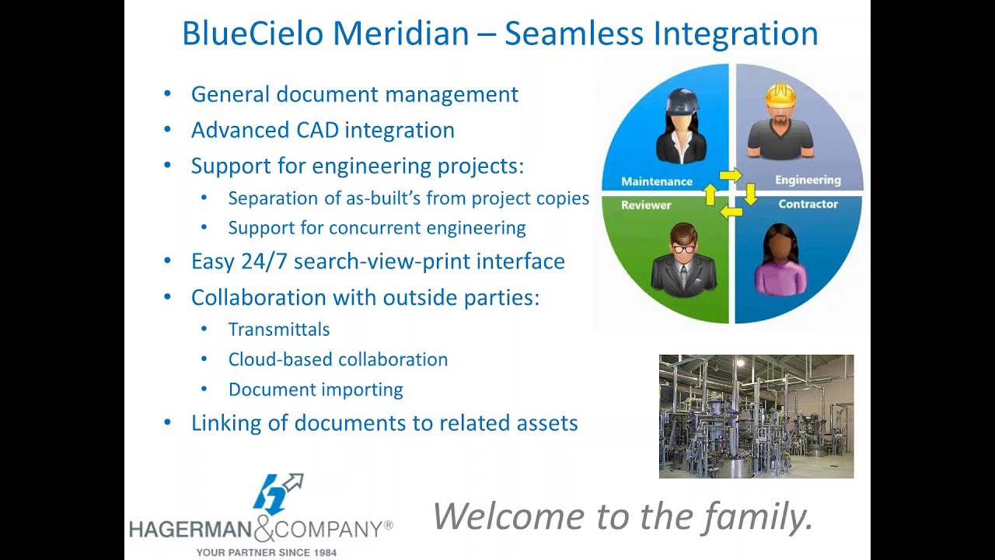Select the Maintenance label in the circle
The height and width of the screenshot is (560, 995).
tap(656, 181)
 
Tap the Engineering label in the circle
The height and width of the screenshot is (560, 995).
tap(808, 180)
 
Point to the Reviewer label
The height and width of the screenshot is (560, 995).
tap(645, 205)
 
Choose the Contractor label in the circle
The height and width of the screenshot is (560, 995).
tap(808, 204)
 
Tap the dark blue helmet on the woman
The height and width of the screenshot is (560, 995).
tap(682, 100)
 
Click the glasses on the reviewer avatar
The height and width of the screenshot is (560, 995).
tap(683, 248)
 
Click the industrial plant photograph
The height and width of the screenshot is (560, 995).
tap(756, 416)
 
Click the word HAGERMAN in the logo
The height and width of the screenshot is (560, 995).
tap(190, 530)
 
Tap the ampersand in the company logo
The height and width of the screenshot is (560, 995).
tap(264, 529)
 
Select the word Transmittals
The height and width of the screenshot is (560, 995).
tap(278, 330)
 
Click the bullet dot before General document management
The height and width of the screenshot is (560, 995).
tap(167, 94)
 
